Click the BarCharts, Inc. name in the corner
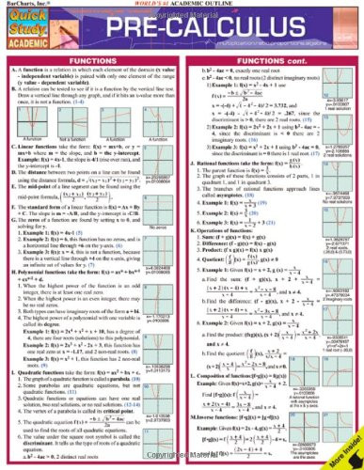(x=24, y=6)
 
